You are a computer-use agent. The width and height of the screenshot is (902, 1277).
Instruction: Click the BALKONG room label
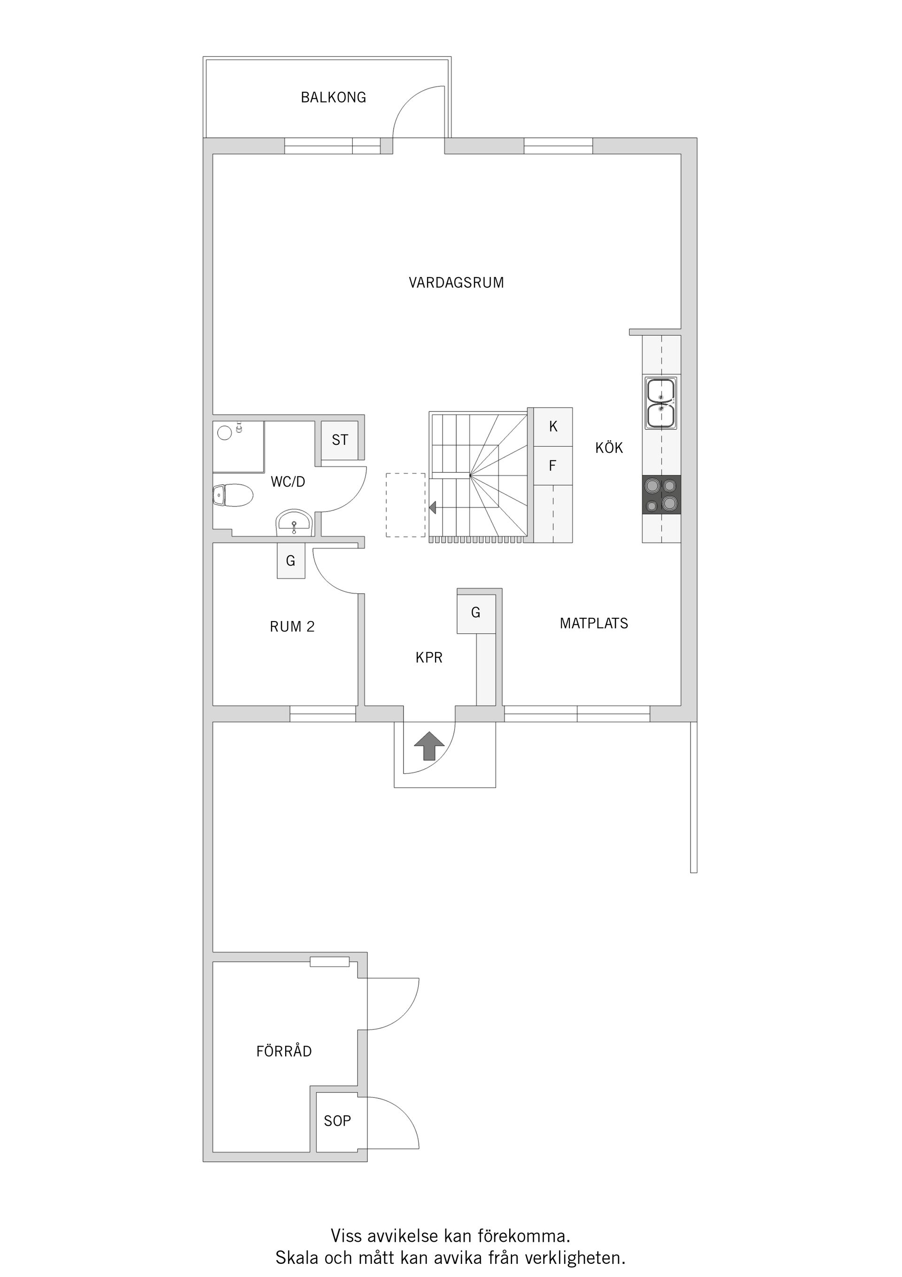pos(334,97)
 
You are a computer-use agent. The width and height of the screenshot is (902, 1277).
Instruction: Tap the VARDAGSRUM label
pos(456,283)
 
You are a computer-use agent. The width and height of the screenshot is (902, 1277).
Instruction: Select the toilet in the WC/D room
pos(233,495)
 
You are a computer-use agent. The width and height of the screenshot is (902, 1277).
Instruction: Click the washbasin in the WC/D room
pos(294,523)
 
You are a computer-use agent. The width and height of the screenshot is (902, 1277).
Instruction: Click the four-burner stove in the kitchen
pos(661,495)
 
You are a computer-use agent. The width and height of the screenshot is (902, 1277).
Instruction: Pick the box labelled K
pos(553,426)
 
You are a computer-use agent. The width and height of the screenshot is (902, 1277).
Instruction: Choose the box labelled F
pos(553,465)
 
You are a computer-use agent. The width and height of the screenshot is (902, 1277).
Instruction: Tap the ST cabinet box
pos(340,440)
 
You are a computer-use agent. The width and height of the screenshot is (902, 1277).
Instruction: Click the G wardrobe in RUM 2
pos(291,560)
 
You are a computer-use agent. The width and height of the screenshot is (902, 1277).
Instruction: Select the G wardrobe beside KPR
pos(476,612)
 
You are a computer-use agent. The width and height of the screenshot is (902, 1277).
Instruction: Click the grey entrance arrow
pos(429,745)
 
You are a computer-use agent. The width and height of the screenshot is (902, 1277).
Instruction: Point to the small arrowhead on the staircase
pos(432,507)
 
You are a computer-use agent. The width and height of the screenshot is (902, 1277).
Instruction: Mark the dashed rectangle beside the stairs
pos(406,504)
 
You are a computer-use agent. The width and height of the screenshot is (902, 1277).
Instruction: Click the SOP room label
pos(337,1121)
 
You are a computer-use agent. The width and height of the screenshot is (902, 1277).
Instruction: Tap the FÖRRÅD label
pos(284,1051)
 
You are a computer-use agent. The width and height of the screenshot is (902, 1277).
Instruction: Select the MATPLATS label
pos(593,623)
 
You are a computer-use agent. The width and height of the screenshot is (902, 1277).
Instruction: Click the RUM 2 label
pos(292,627)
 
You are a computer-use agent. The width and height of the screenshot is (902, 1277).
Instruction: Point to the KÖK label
pos(609,448)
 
